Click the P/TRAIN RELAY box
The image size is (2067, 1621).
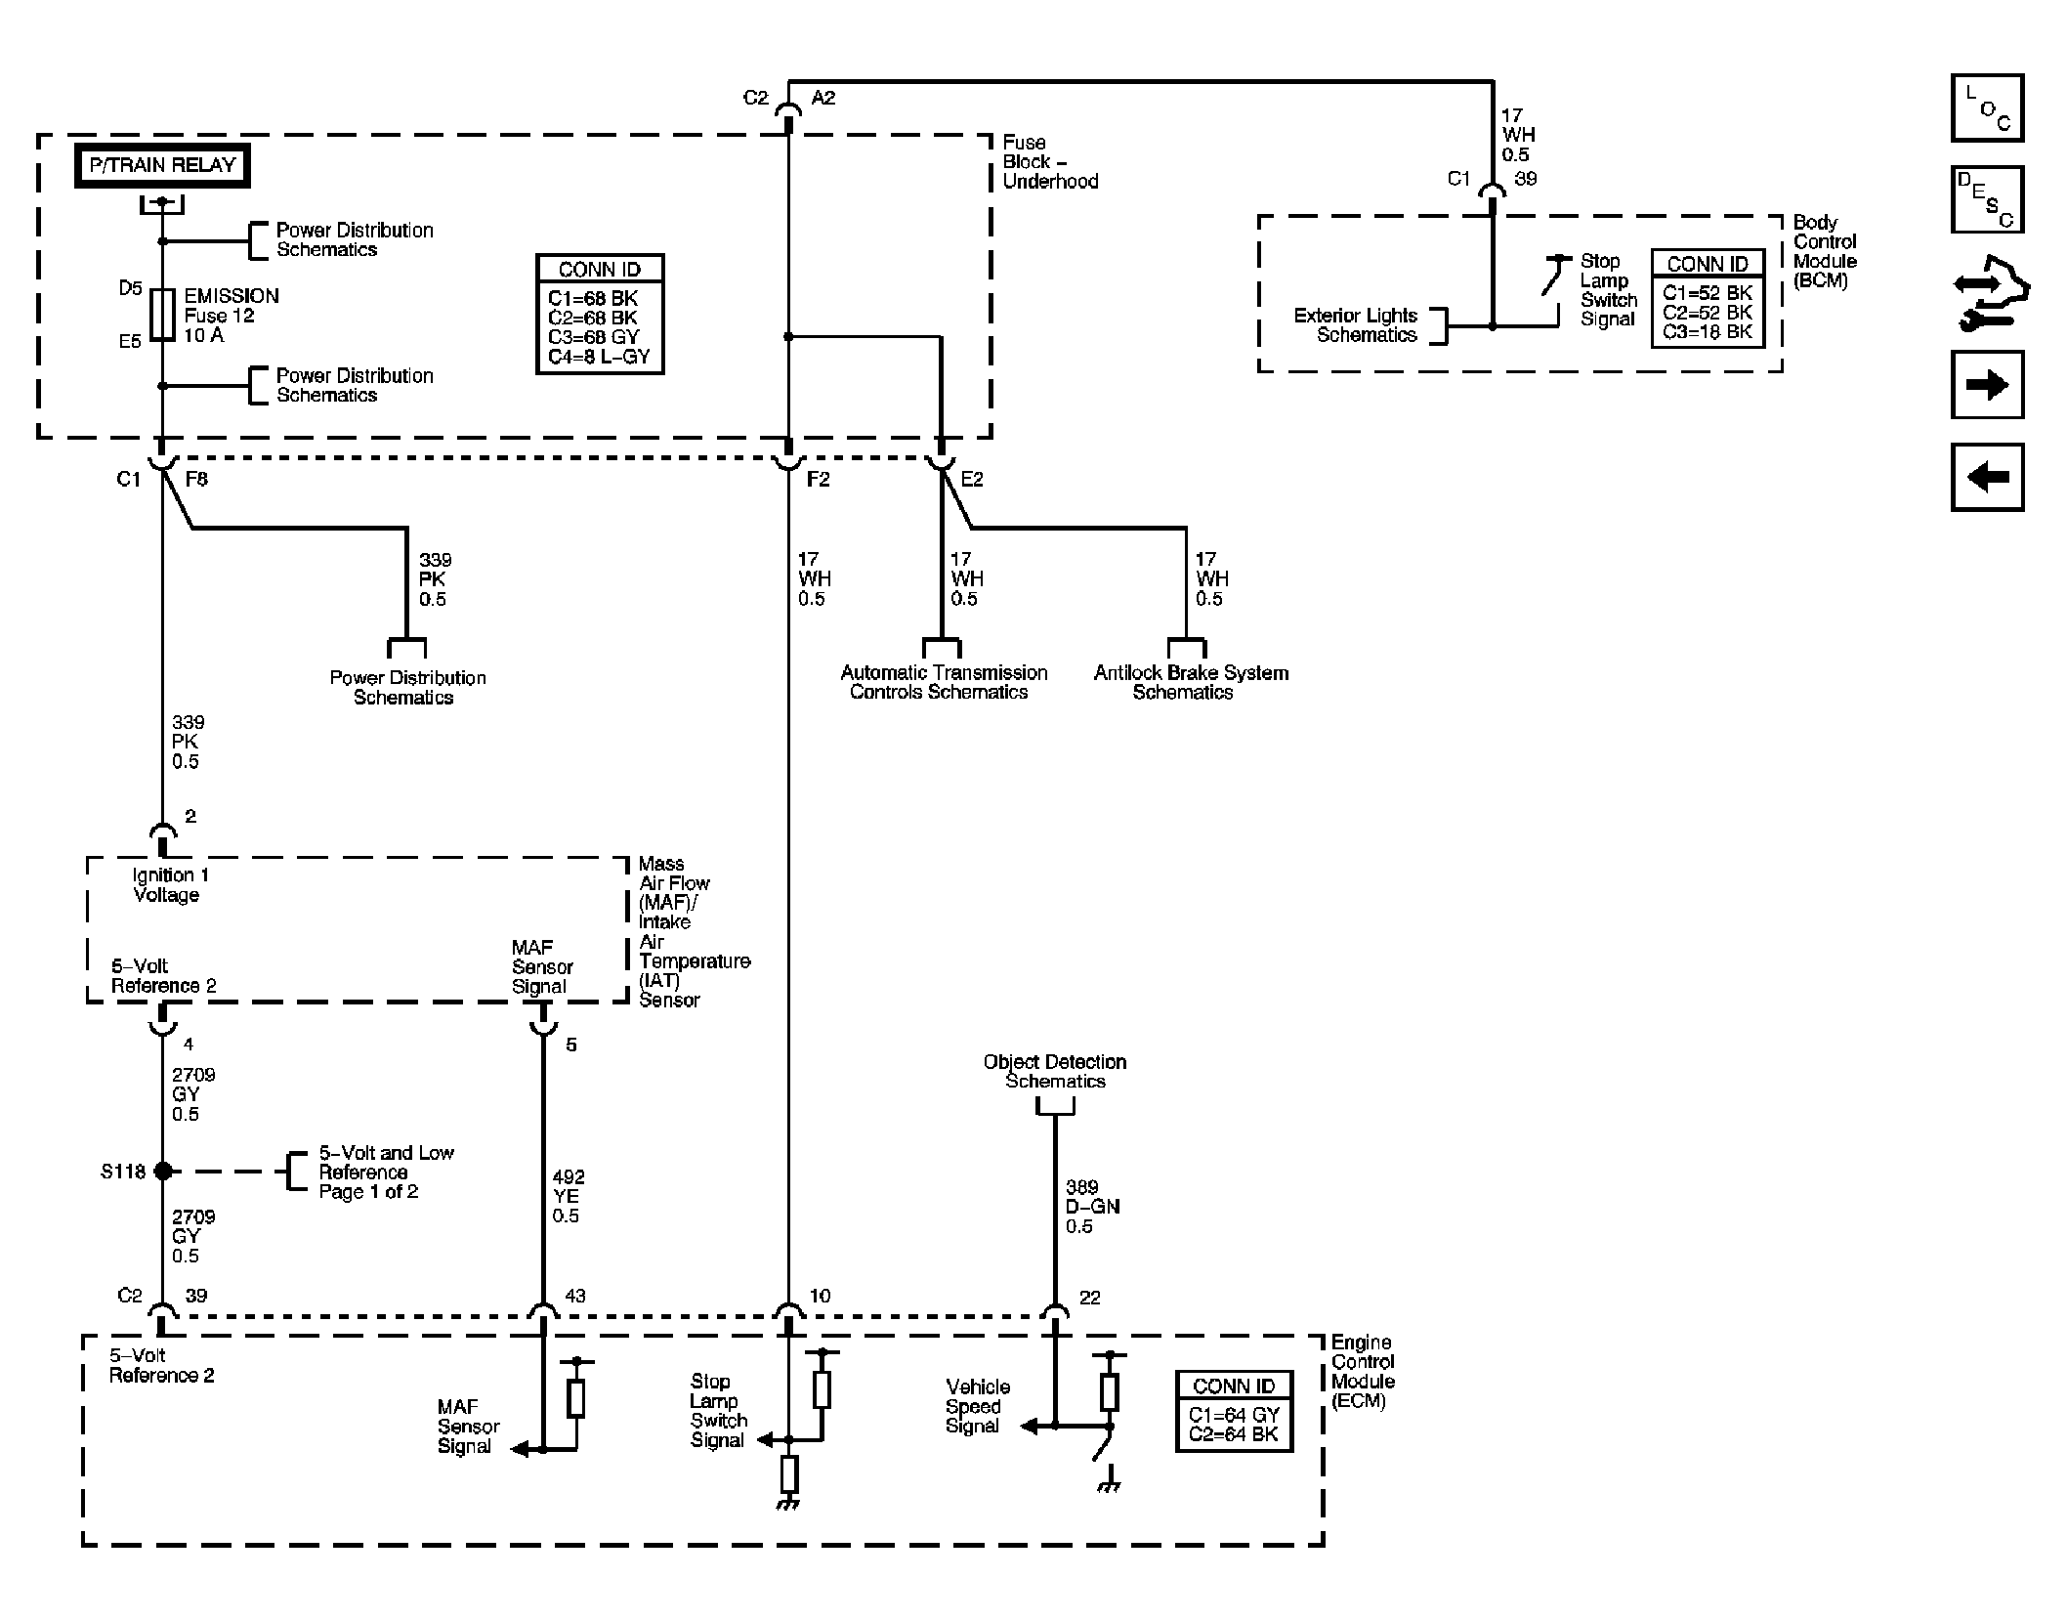point(162,166)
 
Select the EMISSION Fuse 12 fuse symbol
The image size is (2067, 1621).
point(163,315)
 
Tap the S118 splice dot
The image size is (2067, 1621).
point(163,1171)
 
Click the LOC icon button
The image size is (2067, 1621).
point(1987,107)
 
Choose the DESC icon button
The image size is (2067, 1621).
point(1987,199)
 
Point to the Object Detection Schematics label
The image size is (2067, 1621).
point(1055,1071)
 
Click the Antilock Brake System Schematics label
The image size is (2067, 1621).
point(1191,682)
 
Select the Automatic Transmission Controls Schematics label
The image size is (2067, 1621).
point(944,682)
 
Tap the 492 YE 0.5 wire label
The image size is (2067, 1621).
point(568,1196)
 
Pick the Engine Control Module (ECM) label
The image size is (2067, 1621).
point(1363,1372)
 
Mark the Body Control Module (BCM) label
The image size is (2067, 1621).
point(1825,251)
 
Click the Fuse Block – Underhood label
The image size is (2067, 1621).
point(1050,162)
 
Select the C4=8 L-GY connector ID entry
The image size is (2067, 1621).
point(599,357)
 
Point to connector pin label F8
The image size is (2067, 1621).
point(196,479)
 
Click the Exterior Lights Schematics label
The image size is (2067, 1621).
point(1356,325)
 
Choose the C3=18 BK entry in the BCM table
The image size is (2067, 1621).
point(1708,332)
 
